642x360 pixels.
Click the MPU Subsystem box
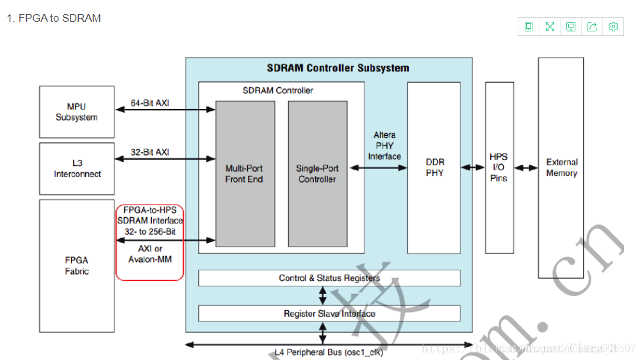click(76, 112)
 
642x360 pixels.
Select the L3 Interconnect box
click(77, 168)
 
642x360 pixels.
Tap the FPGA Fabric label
click(76, 266)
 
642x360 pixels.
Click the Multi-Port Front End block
click(244, 174)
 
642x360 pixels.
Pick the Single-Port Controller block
click(317, 174)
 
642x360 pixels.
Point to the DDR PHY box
click(434, 168)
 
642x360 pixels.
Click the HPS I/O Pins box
click(499, 167)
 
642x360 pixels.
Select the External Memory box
click(561, 168)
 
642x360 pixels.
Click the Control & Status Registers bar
click(329, 278)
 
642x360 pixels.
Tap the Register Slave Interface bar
click(329, 313)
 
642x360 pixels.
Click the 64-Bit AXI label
click(150, 102)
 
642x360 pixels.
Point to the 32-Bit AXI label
click(150, 152)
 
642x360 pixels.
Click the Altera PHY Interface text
click(384, 145)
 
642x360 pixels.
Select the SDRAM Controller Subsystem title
click(338, 68)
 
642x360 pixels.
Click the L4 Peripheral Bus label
click(329, 352)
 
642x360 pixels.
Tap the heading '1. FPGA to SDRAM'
click(54, 19)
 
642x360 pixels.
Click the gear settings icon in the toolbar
click(613, 26)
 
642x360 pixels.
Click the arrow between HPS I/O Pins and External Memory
click(526, 168)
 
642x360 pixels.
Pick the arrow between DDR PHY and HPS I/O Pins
click(473, 168)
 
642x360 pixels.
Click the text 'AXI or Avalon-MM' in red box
click(149, 254)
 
